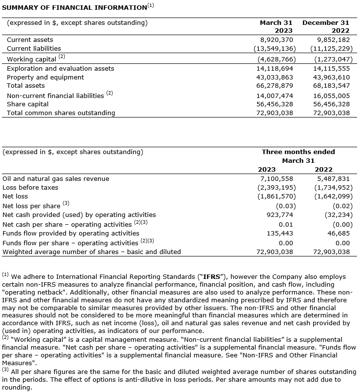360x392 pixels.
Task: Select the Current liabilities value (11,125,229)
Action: pos(330,48)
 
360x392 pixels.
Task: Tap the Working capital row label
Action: pos(31,59)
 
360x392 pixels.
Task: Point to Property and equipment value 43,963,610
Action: pos(330,77)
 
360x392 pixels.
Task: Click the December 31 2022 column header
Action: pos(326,26)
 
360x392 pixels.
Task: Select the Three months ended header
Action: pos(298,152)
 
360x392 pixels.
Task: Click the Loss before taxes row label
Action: pos(30,187)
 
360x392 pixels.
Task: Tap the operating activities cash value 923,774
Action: pos(280,215)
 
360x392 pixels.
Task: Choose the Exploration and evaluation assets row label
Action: pos(60,68)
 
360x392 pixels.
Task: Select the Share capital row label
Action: pos(28,104)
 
